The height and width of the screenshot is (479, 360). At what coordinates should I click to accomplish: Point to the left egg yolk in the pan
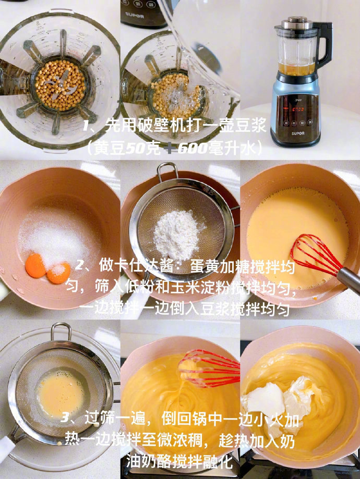tap(35, 265)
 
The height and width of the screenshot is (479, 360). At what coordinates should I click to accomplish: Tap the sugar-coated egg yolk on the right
tap(58, 272)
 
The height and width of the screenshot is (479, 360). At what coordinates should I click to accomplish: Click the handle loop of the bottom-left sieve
tap(61, 331)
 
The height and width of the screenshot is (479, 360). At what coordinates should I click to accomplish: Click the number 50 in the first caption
tap(137, 149)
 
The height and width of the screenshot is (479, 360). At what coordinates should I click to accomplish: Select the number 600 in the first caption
tap(194, 149)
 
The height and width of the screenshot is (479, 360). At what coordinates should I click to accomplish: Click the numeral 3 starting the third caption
tap(65, 416)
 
